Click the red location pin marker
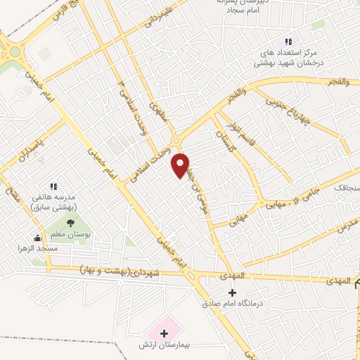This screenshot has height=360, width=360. (x=181, y=165)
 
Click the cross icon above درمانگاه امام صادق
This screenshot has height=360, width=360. (x=233, y=292)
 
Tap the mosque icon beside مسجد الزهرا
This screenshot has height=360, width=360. (x=37, y=238)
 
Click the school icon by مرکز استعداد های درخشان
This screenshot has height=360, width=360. (x=287, y=43)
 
